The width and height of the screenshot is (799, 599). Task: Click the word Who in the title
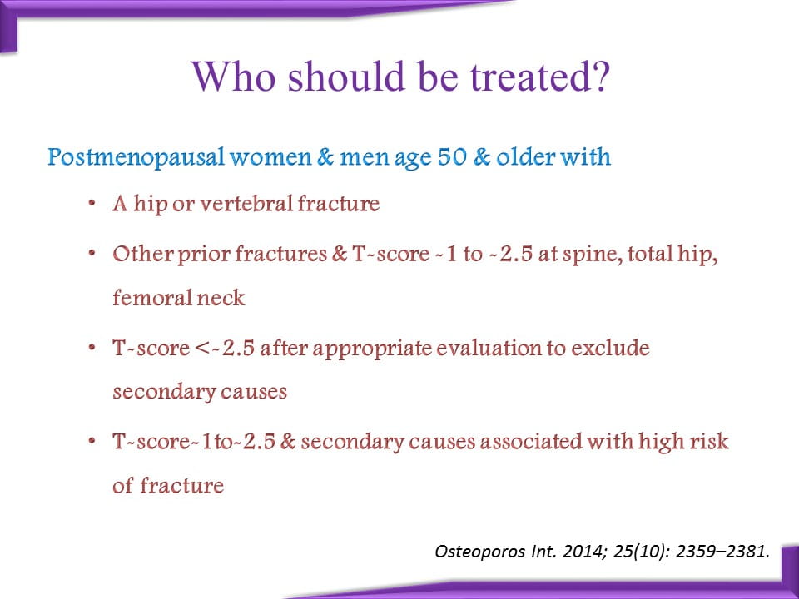pos(234,76)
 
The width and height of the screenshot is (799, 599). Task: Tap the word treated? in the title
pos(539,77)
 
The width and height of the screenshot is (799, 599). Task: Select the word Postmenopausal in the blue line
pos(136,157)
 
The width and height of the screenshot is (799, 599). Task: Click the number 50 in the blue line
pos(452,156)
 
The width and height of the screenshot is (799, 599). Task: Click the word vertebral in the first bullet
pos(248,204)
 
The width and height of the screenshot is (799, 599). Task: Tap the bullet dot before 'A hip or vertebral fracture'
pos(92,204)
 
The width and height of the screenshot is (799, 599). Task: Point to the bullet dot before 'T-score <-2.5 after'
pos(92,349)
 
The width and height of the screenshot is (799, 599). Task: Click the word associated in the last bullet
pos(530,442)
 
